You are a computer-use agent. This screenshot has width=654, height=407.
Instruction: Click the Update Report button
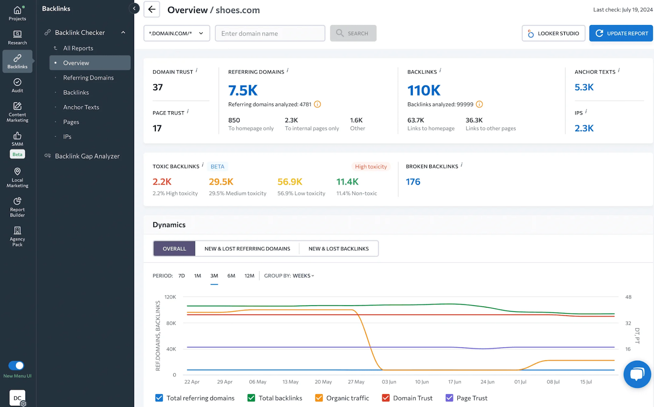pos(621,34)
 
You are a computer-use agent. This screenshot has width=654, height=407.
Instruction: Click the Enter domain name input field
pos(270,34)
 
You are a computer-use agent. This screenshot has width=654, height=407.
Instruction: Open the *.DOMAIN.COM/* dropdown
pos(177,34)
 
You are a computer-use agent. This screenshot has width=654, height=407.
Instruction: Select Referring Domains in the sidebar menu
pos(88,78)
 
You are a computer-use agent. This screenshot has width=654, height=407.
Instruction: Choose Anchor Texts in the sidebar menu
pos(81,107)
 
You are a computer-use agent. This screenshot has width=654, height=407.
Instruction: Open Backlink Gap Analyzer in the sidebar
pos(87,156)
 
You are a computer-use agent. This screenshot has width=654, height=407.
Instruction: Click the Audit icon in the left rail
pos(17,85)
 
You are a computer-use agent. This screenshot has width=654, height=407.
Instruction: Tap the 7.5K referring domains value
pos(243,90)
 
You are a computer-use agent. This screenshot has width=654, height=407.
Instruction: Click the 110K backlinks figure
pos(424,90)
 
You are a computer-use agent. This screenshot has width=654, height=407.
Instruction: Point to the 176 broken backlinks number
pos(413,182)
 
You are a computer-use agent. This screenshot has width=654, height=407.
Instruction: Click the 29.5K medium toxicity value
pos(221,182)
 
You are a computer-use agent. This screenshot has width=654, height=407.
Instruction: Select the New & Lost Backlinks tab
pos(338,249)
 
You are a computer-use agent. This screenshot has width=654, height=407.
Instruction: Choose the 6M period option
pos(231,276)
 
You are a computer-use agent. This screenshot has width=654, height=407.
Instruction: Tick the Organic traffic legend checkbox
pos(319,398)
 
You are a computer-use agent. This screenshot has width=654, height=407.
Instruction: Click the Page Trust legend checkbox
pos(450,398)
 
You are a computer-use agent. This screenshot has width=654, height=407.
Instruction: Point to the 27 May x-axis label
pos(356,382)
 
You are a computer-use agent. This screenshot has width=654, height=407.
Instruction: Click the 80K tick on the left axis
pos(171,323)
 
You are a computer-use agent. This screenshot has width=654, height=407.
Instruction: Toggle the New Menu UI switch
pos(16,365)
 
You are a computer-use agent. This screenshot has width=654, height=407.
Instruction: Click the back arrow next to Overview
pos(152,9)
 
